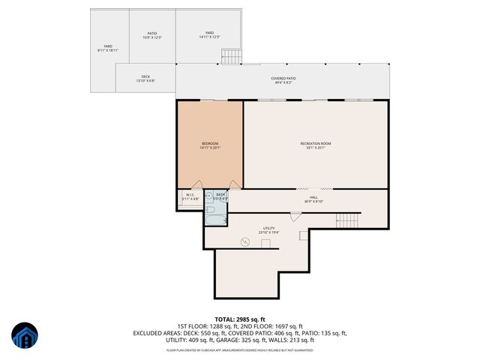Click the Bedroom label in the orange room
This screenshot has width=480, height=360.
(210, 145)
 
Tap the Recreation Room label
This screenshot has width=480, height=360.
(316, 145)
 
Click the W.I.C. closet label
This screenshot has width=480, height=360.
(190, 197)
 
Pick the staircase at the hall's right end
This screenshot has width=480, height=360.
(348, 220)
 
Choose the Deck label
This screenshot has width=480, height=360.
(145, 78)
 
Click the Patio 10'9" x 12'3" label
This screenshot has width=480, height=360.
(152, 35)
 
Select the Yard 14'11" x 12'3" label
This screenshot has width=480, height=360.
(210, 35)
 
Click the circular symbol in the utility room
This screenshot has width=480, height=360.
(244, 241)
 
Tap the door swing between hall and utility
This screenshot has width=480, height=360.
(295, 216)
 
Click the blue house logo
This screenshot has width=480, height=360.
(25, 336)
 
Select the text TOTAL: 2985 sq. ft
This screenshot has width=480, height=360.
(240, 319)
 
